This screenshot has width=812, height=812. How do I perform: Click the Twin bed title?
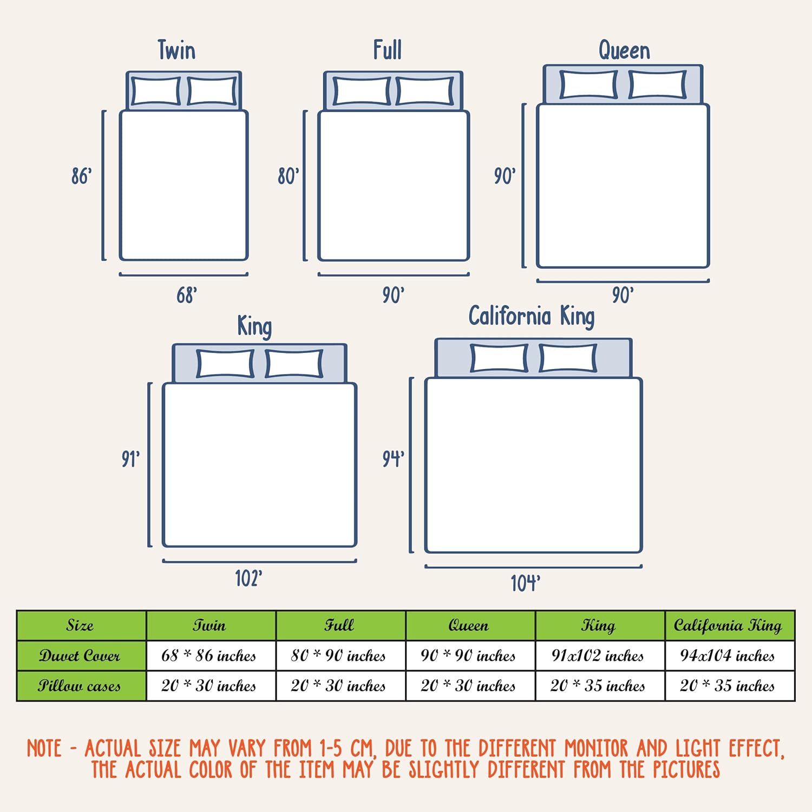176,50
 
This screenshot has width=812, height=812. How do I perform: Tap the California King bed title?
532,317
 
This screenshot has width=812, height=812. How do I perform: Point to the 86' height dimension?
82,176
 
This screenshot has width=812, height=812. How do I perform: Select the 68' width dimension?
187,295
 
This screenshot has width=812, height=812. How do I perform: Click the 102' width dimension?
249,578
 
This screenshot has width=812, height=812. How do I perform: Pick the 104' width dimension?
526,583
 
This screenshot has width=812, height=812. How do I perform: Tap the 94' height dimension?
394,459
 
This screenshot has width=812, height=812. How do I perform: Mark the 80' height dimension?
289,176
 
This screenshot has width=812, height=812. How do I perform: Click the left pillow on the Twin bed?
156,91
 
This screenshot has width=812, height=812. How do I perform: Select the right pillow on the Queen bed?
658,85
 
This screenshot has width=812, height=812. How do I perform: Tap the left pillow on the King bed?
225,363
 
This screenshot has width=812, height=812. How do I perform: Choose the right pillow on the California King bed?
568,358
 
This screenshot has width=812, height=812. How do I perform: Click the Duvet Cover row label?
80,656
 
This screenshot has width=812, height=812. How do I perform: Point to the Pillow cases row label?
80,686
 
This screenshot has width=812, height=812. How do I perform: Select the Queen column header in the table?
469,625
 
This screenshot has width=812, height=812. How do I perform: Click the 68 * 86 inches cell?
209,656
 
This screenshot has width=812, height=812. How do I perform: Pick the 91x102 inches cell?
598,656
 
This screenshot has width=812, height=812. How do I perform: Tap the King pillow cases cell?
598,686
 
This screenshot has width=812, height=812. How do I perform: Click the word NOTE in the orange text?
44,749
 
